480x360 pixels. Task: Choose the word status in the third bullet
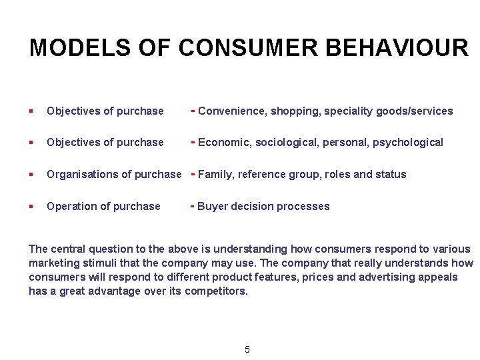point(391,175)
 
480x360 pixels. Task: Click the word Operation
point(69,207)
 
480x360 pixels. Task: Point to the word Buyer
point(211,207)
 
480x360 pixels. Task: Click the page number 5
point(247,349)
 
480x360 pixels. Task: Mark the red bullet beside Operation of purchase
point(31,207)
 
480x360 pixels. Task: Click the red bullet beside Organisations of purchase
point(31,175)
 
